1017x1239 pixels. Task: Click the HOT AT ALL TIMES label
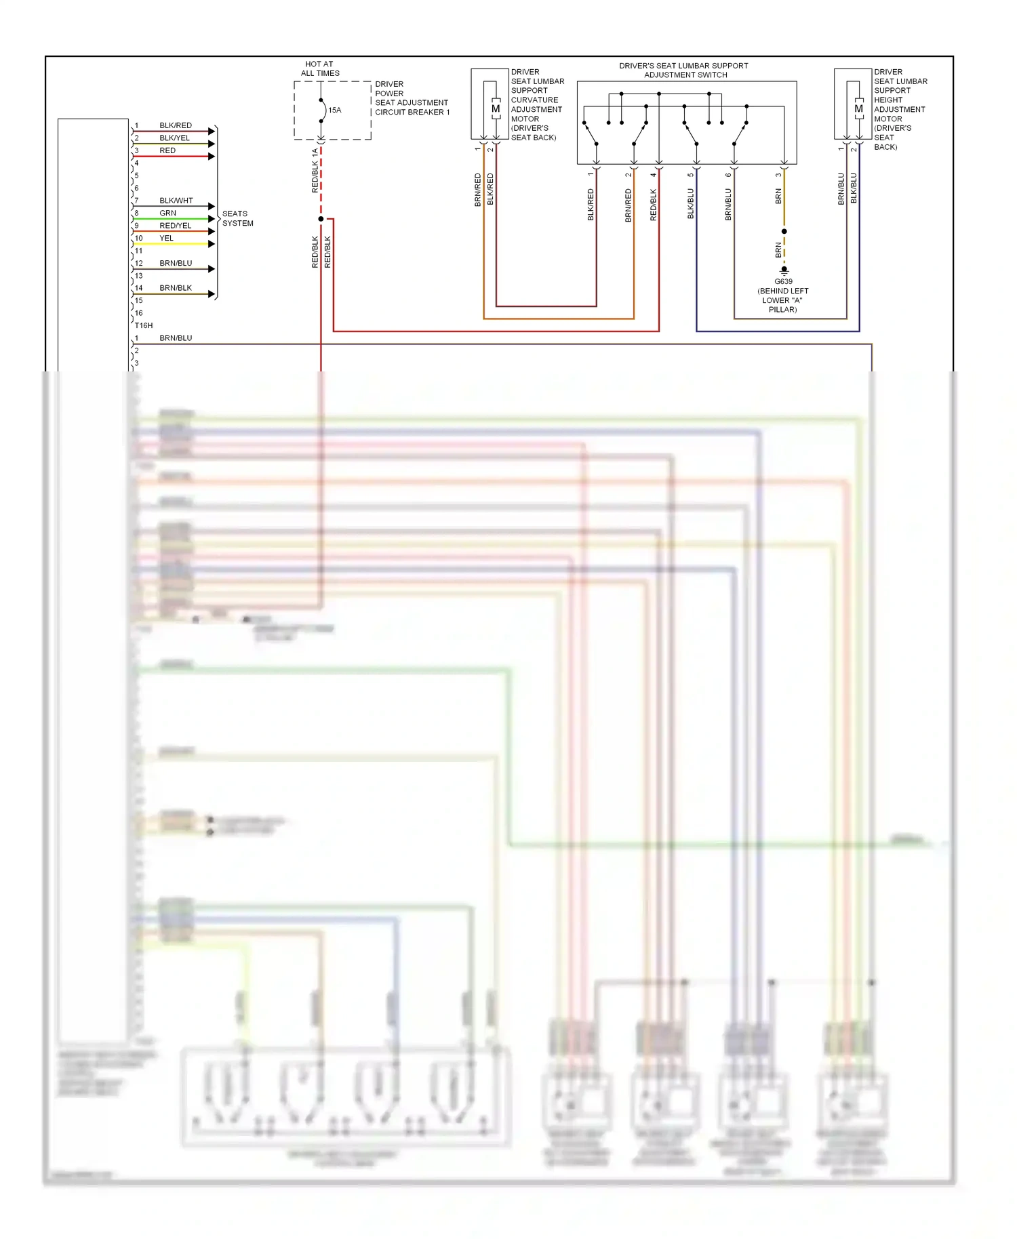[x=320, y=68]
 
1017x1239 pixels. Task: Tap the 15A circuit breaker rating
[x=334, y=110]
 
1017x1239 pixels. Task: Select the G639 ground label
[x=783, y=281]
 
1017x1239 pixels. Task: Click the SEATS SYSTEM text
[x=237, y=218]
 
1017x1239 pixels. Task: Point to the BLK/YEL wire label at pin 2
[x=174, y=138]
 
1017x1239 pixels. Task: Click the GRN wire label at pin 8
[x=167, y=213]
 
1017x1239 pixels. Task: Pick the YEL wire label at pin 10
[x=166, y=238]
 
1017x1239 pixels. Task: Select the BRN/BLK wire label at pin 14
[x=176, y=288]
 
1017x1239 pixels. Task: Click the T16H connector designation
[x=143, y=325]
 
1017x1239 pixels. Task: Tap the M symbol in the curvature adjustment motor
[x=496, y=108]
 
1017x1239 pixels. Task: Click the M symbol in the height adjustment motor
[x=858, y=108]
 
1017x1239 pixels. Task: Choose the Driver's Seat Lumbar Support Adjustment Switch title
[x=683, y=70]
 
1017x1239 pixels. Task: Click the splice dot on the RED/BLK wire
[x=321, y=219]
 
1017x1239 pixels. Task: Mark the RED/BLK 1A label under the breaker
[x=315, y=170]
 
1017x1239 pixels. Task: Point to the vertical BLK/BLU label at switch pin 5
[x=691, y=203]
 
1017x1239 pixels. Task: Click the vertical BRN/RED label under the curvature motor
[x=477, y=190]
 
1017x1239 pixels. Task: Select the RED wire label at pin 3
[x=167, y=150]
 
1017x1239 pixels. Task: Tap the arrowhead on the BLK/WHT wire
[x=212, y=206]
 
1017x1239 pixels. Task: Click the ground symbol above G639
[x=784, y=270]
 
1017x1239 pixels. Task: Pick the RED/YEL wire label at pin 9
[x=175, y=226]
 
